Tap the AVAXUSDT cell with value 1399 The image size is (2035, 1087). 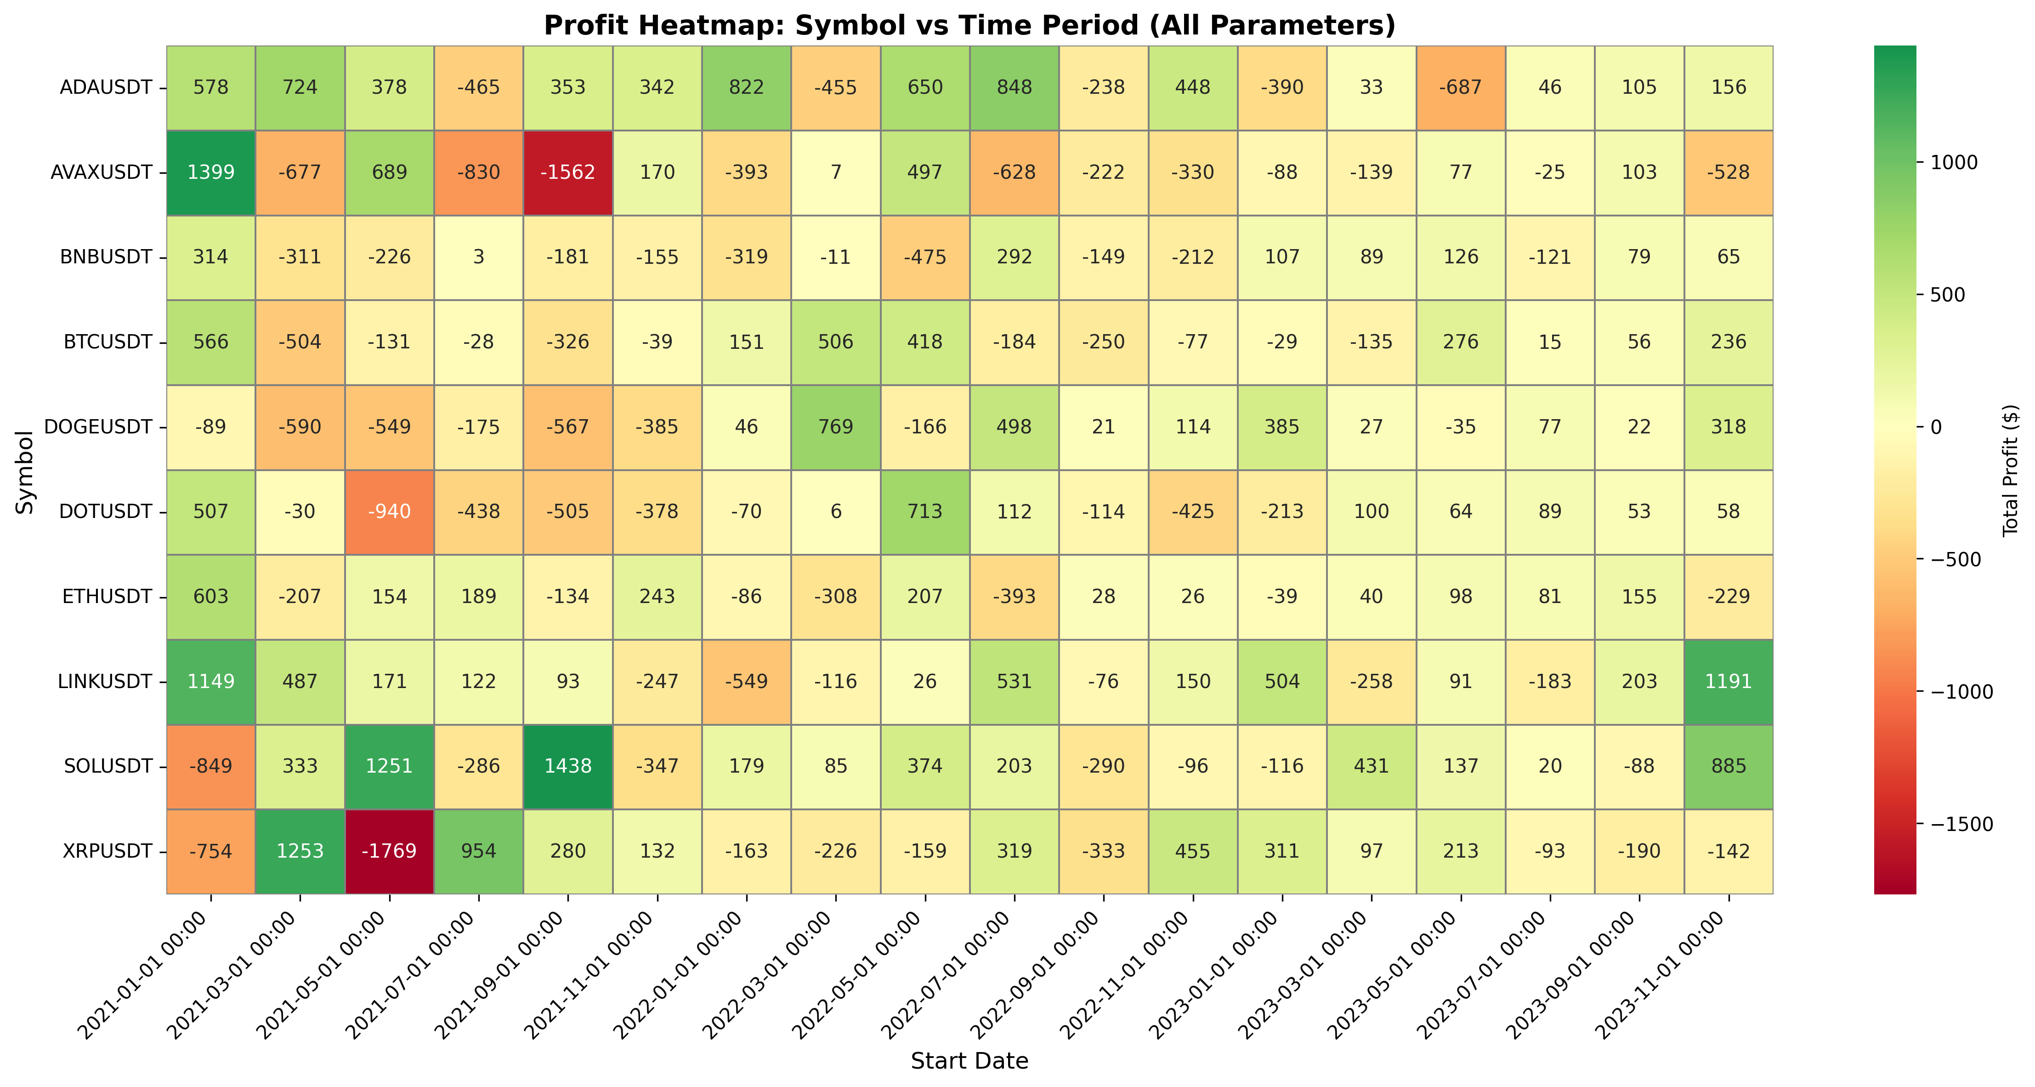211,172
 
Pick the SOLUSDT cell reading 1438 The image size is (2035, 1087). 568,766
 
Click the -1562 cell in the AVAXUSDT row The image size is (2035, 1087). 568,172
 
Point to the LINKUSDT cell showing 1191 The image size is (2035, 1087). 1729,682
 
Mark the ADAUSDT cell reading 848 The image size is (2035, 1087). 1015,87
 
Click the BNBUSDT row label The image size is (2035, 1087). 106,257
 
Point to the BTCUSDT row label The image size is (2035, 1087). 108,342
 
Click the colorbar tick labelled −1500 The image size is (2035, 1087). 1959,825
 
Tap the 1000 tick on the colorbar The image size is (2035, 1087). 1955,163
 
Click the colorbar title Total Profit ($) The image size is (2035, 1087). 2011,471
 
